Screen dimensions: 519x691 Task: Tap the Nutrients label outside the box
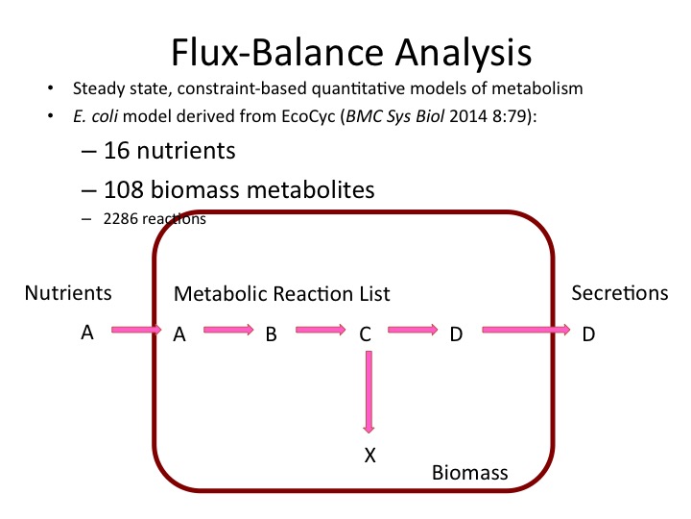68,293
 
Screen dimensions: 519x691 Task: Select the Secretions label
619,293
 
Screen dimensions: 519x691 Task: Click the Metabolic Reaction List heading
281,293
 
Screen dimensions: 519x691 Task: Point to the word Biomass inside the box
469,473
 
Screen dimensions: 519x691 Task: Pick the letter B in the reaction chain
271,334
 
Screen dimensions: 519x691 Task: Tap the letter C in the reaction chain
365,334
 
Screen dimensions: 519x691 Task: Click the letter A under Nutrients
87,333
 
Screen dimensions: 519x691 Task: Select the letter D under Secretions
588,334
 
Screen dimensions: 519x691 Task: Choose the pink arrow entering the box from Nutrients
137,331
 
